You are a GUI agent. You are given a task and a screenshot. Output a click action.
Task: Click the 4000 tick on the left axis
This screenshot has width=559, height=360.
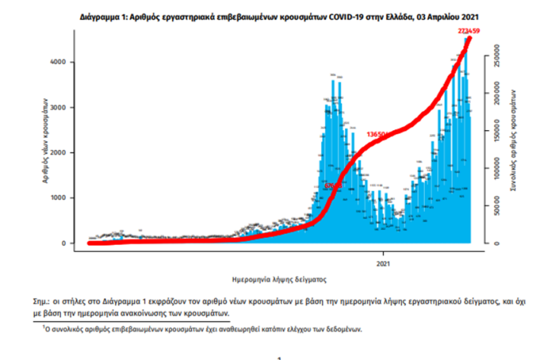[x=67, y=62]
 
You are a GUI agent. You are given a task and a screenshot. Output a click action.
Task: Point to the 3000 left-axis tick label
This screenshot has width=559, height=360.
[x=67, y=107]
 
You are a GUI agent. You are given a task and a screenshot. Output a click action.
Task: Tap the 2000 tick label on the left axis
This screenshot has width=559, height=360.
[x=67, y=152]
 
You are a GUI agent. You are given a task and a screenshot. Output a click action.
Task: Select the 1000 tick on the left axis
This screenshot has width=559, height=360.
[x=67, y=198]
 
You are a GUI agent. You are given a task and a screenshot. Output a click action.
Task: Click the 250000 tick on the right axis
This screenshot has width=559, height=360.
[x=496, y=56]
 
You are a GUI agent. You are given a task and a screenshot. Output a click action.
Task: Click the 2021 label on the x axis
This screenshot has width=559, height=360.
[x=383, y=264]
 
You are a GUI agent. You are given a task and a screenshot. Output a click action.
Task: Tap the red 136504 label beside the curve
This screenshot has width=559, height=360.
[x=378, y=134]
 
